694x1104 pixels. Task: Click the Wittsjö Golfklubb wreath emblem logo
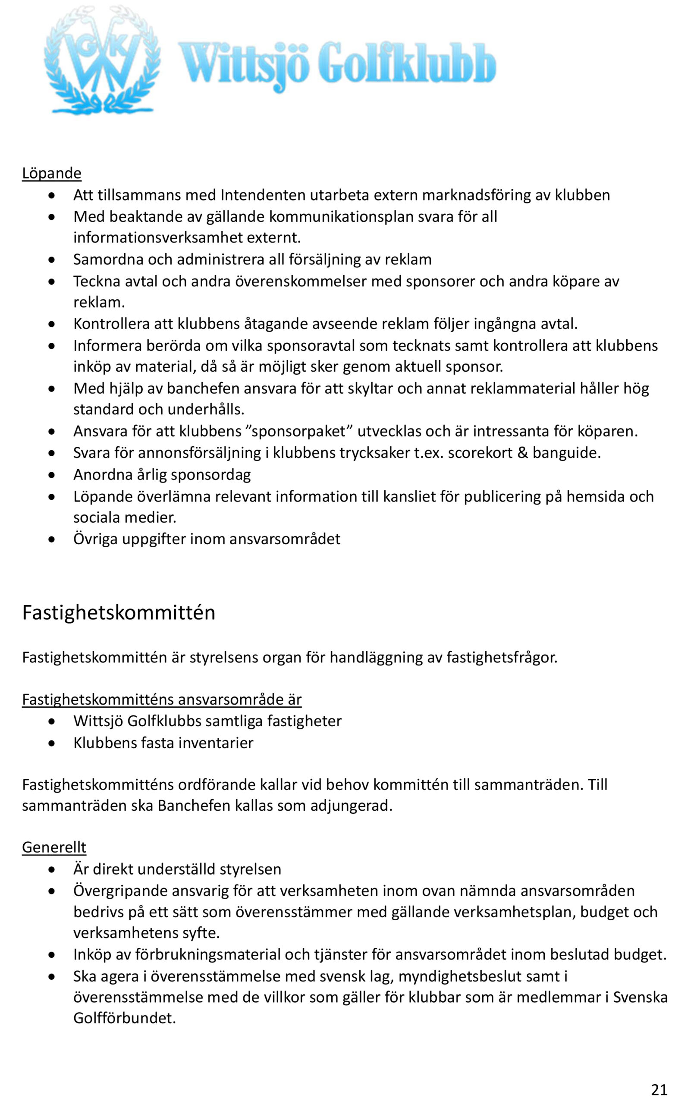click(x=102, y=60)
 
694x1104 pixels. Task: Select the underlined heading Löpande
click(x=52, y=173)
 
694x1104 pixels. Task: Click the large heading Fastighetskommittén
click(x=118, y=612)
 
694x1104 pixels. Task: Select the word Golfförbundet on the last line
click(x=124, y=1018)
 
